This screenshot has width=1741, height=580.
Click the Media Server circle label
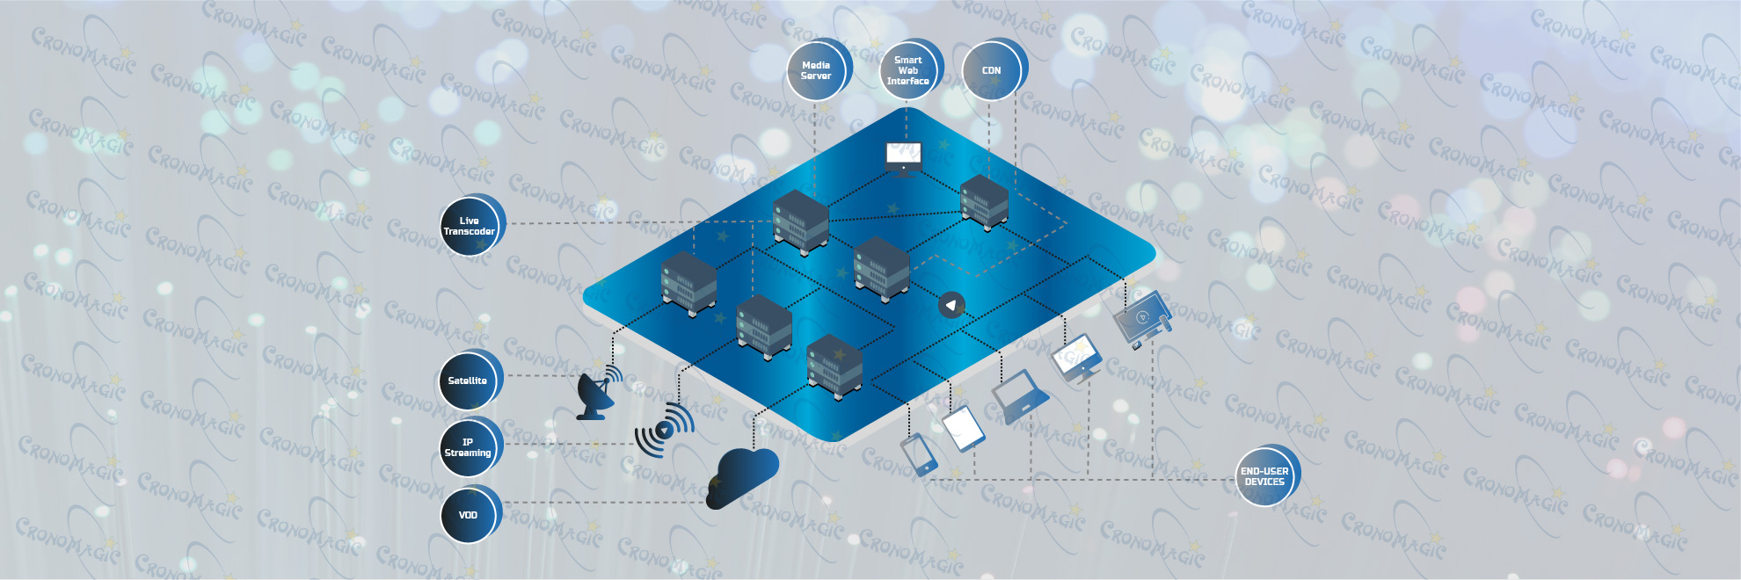816,70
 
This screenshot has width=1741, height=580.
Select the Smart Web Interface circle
907,70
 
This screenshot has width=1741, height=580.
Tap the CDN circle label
991,70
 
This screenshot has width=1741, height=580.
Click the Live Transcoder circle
470,226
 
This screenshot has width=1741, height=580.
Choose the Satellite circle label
468,381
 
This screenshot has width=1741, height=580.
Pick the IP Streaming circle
468,447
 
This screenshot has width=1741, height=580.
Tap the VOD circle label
468,515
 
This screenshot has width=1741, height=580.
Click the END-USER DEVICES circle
1264,476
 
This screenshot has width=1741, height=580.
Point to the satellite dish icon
597,394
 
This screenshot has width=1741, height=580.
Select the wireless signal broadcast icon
665,429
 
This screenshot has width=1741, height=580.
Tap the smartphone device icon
918,454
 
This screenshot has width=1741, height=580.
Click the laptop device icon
1019,396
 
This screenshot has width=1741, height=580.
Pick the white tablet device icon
963,428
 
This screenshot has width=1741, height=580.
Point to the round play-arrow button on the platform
951,305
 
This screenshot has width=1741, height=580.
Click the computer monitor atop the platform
902,158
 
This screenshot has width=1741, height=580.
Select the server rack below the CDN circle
984,202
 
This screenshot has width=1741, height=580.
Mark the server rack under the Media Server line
800,221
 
